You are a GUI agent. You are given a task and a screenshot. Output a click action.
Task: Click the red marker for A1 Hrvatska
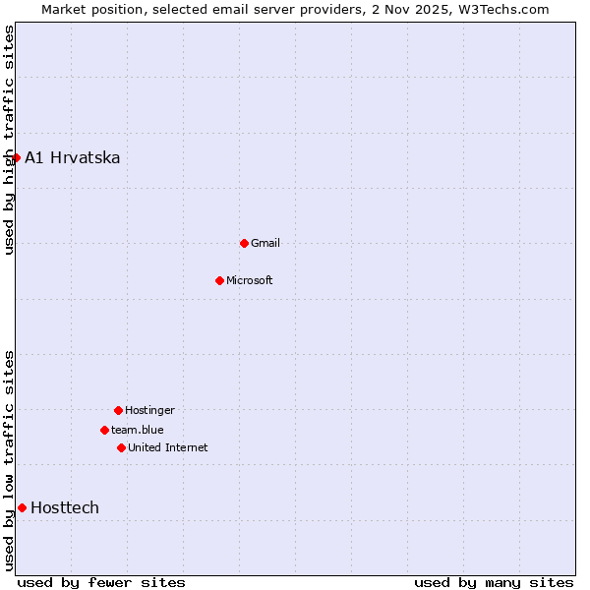(x=16, y=157)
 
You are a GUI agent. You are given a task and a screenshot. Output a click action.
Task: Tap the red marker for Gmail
(x=244, y=243)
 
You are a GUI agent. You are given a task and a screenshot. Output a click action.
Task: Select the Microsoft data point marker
(x=219, y=280)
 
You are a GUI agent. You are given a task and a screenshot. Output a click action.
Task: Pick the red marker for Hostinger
(x=118, y=410)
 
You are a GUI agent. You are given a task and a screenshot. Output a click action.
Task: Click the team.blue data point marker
(x=104, y=430)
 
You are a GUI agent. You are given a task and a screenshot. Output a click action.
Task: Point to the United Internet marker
(x=121, y=447)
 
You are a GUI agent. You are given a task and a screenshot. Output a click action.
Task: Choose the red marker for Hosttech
(x=22, y=507)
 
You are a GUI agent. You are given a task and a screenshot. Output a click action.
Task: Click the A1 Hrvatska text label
(x=73, y=157)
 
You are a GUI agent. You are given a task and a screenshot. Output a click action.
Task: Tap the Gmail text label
(x=265, y=243)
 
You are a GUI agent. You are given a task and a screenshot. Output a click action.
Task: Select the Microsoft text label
(x=250, y=280)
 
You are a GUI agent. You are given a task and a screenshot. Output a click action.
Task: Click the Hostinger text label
(x=149, y=410)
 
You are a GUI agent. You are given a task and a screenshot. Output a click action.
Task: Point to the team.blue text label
(x=138, y=430)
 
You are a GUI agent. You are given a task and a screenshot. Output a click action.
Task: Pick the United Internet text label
(x=168, y=447)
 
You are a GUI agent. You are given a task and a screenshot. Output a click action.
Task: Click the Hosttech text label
(x=65, y=507)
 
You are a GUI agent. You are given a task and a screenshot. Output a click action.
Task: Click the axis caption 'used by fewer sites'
(x=101, y=582)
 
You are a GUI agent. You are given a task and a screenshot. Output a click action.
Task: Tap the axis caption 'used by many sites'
(x=494, y=582)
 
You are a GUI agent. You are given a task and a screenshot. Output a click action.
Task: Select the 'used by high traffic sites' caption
(x=9, y=141)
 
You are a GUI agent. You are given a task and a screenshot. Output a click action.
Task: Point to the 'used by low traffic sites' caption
(x=9, y=460)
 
